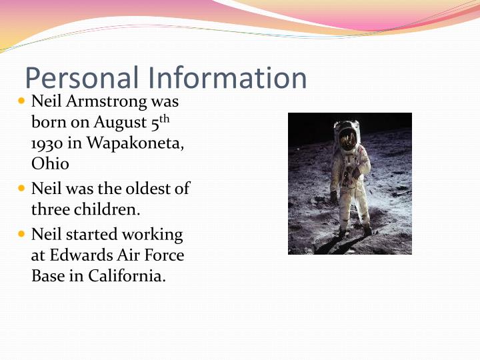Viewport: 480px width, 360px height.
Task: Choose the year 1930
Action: pyautogui.click(x=45, y=143)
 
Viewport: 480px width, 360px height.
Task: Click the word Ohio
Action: pyautogui.click(x=50, y=163)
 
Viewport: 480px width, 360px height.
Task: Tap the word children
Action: pyautogui.click(x=107, y=209)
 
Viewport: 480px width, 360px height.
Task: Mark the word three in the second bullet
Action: pyautogui.click(x=49, y=209)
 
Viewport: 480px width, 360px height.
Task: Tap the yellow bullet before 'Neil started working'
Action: pyautogui.click(x=21, y=235)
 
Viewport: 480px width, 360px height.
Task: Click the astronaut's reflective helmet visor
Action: pyautogui.click(x=347, y=138)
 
